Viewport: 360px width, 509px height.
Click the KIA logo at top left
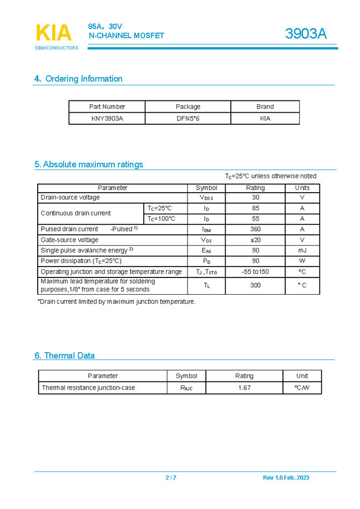point(54,34)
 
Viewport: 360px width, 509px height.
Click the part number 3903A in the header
point(306,34)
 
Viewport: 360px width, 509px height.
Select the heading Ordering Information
point(78,79)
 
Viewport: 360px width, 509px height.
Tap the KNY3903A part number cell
point(107,118)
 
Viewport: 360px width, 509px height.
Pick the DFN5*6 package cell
point(187,118)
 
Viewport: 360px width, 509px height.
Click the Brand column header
point(265,107)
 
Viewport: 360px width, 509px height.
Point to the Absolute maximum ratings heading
point(89,164)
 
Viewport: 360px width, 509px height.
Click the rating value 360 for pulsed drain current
point(255,229)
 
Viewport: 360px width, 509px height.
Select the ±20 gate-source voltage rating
point(255,240)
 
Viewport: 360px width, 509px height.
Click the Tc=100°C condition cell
point(161,219)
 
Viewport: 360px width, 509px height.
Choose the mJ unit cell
point(302,250)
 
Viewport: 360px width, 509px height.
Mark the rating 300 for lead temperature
point(255,285)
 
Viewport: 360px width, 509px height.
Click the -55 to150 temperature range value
point(255,271)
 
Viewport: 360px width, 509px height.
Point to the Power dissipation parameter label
point(81,261)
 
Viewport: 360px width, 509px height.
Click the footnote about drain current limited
point(116,302)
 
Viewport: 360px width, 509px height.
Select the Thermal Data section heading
point(64,355)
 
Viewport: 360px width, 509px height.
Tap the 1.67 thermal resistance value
point(244,388)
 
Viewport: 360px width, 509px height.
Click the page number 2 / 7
point(171,478)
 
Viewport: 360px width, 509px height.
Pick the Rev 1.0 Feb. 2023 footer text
point(286,478)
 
